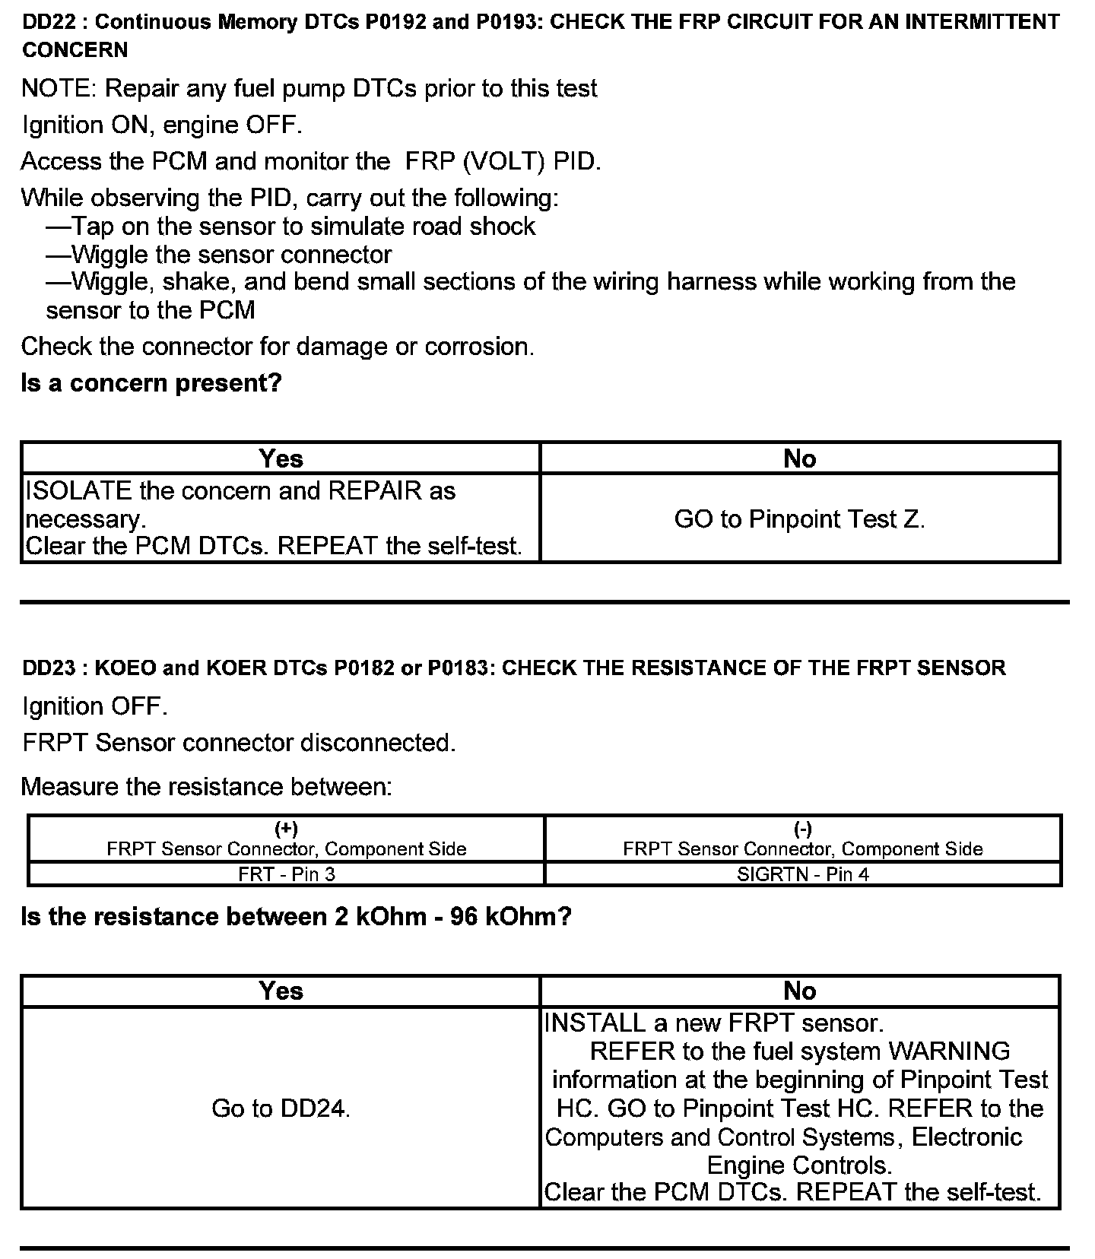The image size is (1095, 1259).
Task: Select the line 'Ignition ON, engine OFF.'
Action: pyautogui.click(x=162, y=125)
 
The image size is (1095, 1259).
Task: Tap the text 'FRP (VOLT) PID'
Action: pyautogui.click(x=501, y=161)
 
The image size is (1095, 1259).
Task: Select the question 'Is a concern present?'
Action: pyautogui.click(x=151, y=382)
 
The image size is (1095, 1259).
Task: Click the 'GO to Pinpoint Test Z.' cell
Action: pyautogui.click(x=799, y=519)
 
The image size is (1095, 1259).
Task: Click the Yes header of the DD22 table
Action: pyautogui.click(x=281, y=458)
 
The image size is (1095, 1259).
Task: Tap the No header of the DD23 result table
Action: pyautogui.click(x=799, y=991)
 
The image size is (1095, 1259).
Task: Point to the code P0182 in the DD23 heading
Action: pyautogui.click(x=362, y=668)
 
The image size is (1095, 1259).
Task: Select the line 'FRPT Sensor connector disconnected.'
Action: pyautogui.click(x=239, y=743)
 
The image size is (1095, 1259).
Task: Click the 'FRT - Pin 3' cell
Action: pyautogui.click(x=287, y=874)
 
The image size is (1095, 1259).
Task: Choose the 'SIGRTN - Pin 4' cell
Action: pyautogui.click(x=803, y=874)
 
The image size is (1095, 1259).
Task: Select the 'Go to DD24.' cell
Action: pyautogui.click(x=281, y=1108)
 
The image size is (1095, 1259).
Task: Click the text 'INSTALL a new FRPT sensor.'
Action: pyautogui.click(x=714, y=1023)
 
